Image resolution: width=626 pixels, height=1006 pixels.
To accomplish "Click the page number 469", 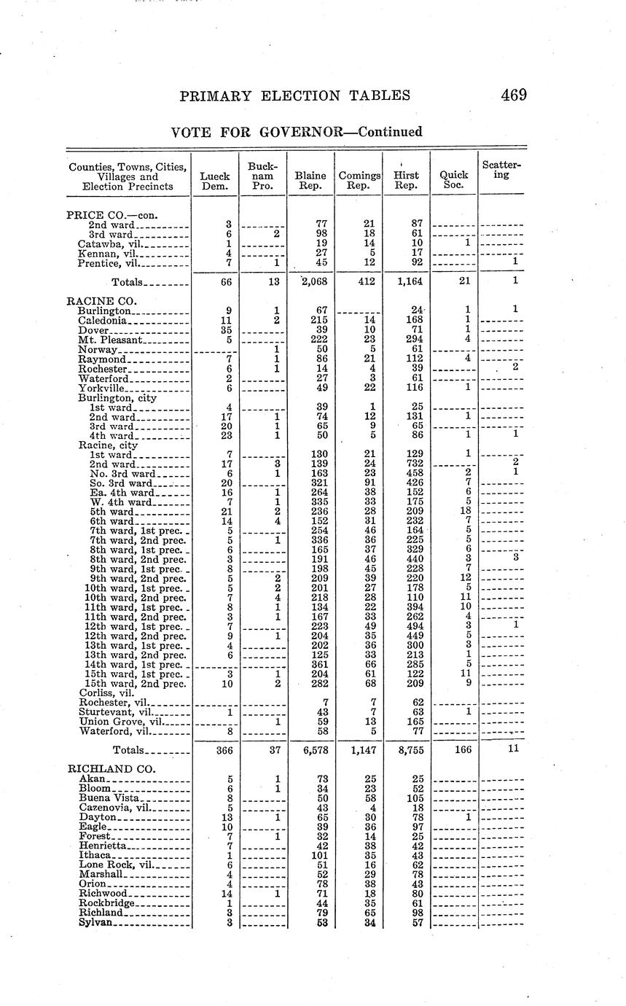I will click(513, 95).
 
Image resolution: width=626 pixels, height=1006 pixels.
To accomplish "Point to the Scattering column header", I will click(501, 170).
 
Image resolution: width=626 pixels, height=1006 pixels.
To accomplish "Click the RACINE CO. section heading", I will click(102, 300).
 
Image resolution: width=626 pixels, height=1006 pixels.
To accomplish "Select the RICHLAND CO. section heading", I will click(109, 768).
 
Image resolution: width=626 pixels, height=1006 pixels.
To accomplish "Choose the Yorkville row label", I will click(102, 389).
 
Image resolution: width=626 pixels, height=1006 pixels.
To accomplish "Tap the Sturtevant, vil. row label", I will click(115, 711).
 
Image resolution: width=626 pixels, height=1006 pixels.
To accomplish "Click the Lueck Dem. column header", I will click(215, 180).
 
